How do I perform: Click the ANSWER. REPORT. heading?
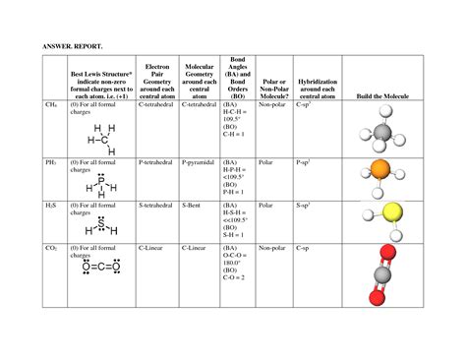click(71, 44)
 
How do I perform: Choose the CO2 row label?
click(51, 250)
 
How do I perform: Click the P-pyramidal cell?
click(200, 159)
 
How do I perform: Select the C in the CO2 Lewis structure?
click(101, 267)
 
